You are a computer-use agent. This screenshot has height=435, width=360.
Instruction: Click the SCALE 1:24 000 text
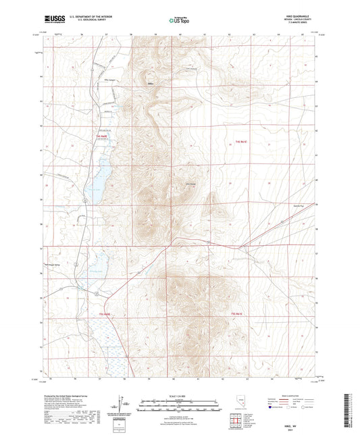179,395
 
